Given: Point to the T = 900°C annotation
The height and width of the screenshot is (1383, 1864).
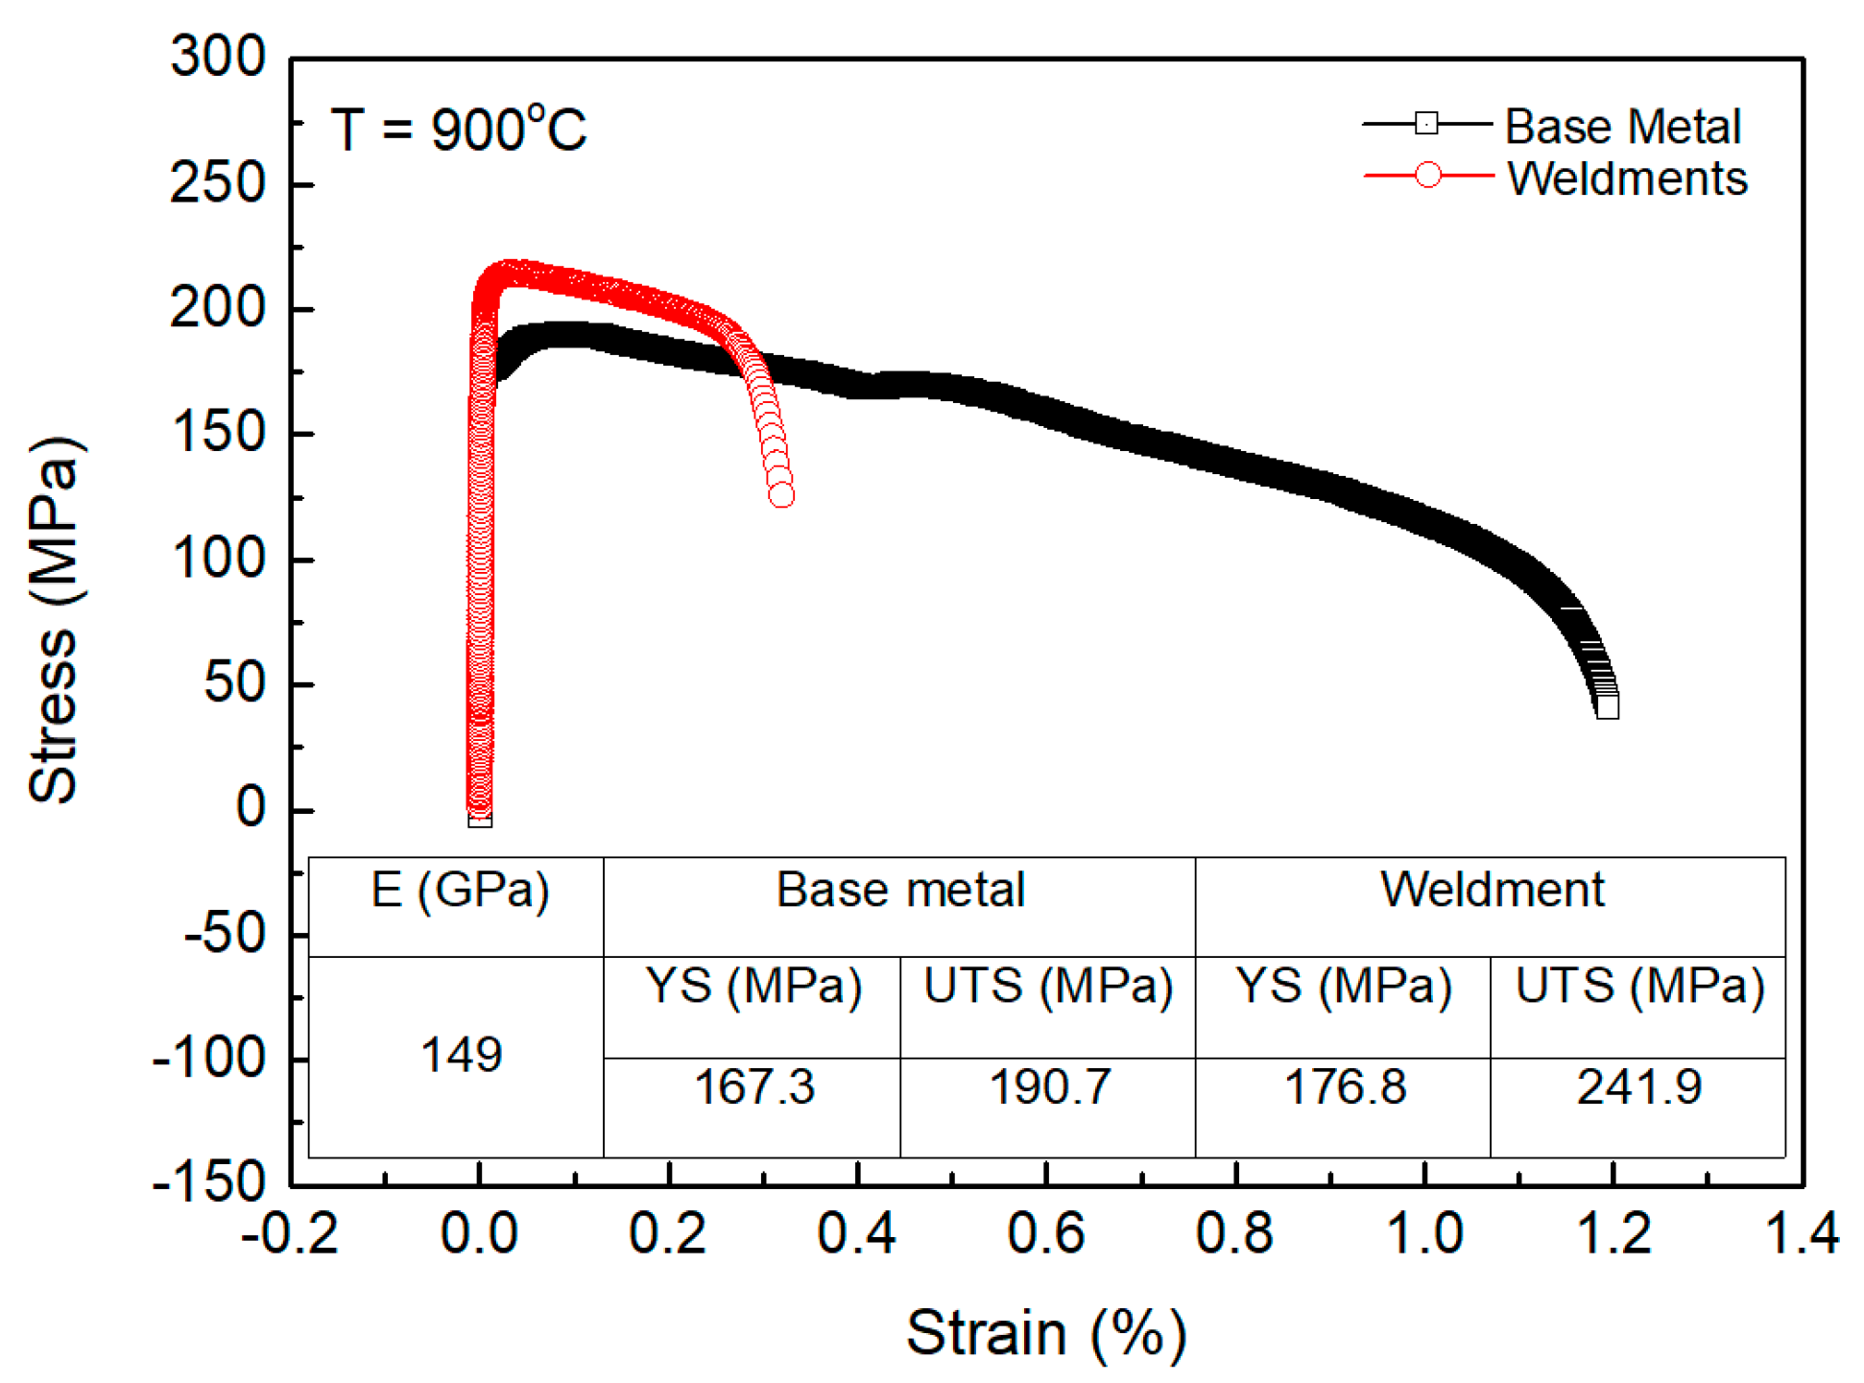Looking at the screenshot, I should pyautogui.click(x=458, y=129).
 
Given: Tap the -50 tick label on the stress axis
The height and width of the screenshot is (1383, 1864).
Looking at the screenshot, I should pyautogui.click(x=225, y=933).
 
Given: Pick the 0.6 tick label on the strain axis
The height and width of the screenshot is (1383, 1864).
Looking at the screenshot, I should pyautogui.click(x=1045, y=1233).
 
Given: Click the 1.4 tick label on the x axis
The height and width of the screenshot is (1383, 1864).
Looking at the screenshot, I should pyautogui.click(x=1802, y=1233).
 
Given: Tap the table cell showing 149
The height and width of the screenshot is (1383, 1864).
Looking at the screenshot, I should pyautogui.click(x=461, y=1055).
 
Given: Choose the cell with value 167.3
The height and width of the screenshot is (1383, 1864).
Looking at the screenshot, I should pyautogui.click(x=753, y=1087).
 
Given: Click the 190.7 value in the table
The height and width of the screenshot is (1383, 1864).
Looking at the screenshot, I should pyautogui.click(x=1049, y=1087).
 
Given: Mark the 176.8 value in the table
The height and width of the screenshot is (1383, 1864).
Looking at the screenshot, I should pyautogui.click(x=1344, y=1087).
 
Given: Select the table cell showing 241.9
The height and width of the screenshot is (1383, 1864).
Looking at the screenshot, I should pyautogui.click(x=1638, y=1087).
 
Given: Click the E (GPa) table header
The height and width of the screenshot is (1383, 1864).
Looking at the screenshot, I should pyautogui.click(x=460, y=890).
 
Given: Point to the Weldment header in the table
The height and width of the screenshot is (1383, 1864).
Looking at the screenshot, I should pyautogui.click(x=1492, y=890).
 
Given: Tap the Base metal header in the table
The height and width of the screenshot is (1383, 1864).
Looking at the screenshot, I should pyautogui.click(x=899, y=890).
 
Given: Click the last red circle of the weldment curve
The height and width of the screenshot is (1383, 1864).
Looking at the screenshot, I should pyautogui.click(x=781, y=495).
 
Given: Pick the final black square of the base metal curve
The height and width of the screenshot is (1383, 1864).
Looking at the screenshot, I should pyautogui.click(x=1608, y=707).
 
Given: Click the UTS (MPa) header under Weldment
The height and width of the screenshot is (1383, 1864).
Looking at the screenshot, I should pyautogui.click(x=1639, y=986).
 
